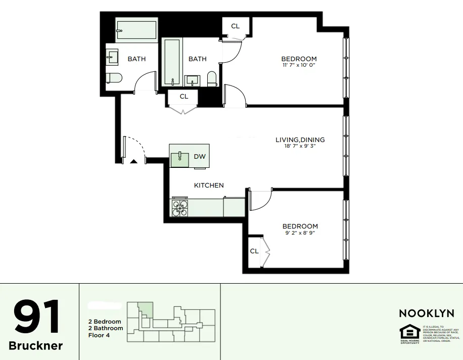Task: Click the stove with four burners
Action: (180, 208)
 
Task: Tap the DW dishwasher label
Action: (200, 157)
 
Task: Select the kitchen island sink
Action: (179, 158)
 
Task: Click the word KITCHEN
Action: (209, 186)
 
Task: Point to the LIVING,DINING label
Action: (300, 140)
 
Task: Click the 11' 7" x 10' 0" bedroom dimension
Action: (299, 65)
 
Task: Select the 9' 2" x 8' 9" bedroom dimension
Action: (300, 233)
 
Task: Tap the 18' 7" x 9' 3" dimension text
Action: (300, 147)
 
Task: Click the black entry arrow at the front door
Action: (134, 161)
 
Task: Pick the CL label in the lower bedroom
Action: (254, 251)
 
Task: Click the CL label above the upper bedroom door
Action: (236, 26)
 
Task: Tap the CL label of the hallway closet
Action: (184, 96)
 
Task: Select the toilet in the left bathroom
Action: (114, 78)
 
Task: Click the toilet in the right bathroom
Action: (212, 78)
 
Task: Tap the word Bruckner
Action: (36, 346)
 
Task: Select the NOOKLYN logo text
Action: (426, 313)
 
